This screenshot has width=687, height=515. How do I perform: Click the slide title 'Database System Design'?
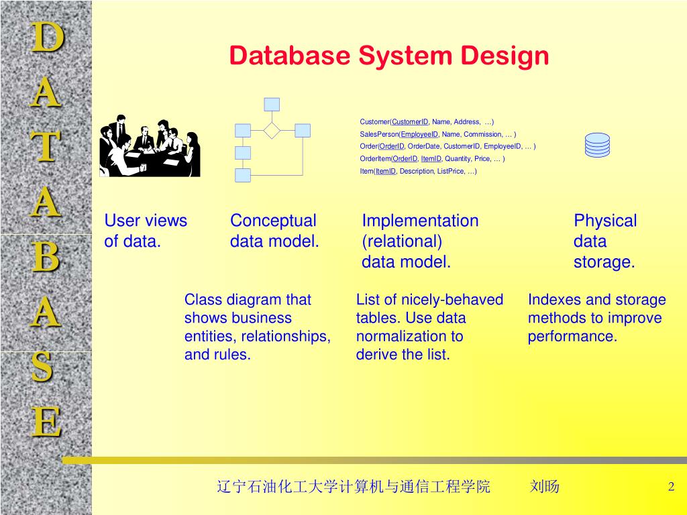389,56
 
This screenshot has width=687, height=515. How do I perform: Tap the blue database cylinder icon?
597,144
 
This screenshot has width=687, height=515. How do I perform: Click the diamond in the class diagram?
272,130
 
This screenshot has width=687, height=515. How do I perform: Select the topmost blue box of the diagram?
272,104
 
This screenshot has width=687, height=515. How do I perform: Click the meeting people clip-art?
150,146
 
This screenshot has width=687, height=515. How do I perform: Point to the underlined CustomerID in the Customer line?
410,122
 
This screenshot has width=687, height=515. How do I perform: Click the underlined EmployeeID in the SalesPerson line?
419,134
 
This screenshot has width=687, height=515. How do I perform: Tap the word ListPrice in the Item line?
451,171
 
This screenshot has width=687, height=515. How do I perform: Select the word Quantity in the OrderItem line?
458,159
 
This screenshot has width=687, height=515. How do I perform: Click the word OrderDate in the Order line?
423,146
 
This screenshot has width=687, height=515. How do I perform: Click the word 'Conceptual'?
273,221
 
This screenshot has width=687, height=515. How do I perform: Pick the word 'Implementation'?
420,221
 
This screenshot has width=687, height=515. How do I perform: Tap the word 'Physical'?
604,221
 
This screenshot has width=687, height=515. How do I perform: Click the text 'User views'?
146,221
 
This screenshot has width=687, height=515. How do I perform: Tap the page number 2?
671,487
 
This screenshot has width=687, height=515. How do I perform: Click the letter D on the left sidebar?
46,37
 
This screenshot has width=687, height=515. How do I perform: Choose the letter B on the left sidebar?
46,258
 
